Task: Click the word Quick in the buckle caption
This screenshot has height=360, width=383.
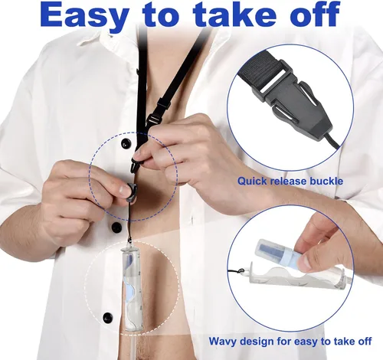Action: (x=252, y=182)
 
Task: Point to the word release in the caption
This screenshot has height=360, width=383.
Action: (x=288, y=182)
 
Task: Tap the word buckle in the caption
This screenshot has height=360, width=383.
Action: (x=326, y=182)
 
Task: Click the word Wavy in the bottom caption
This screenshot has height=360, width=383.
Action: (x=223, y=342)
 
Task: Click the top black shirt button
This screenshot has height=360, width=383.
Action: (x=126, y=144)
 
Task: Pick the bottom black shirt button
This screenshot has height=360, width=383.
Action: (x=107, y=318)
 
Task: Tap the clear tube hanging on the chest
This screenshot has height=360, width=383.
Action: (x=131, y=289)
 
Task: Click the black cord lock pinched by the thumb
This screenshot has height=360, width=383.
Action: (x=131, y=192)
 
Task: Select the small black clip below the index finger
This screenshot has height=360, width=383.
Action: (x=136, y=165)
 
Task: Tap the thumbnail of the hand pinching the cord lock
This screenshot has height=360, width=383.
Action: (x=124, y=190)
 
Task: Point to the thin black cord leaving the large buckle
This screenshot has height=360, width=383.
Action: (x=332, y=142)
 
